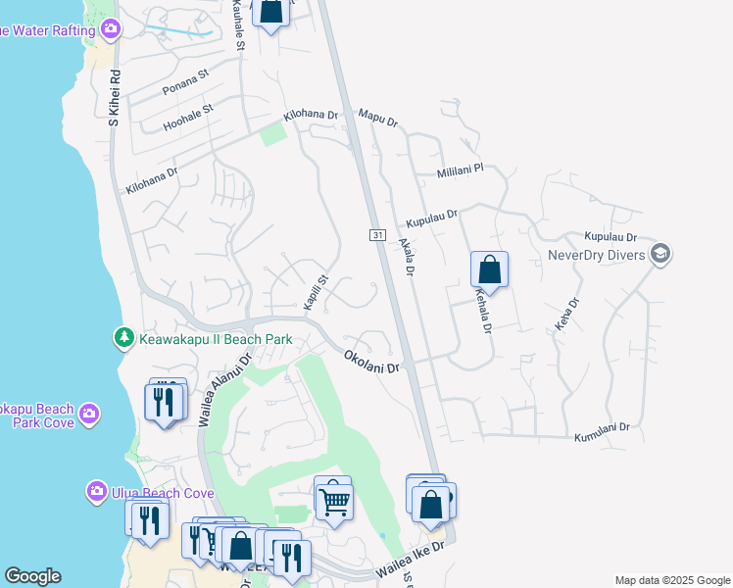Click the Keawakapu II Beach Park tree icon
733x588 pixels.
coord(123,338)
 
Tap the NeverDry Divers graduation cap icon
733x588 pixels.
coord(660,255)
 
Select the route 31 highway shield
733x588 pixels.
coord(377,235)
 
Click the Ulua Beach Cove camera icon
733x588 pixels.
coord(97,490)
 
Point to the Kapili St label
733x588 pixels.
coord(314,294)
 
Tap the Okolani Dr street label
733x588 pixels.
coord(372,362)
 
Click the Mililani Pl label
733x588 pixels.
coord(461,171)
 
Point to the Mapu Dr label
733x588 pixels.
coord(378,118)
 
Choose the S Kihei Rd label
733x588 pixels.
coord(114,98)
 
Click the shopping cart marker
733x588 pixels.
coord(334,501)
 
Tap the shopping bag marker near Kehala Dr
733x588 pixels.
coord(489,269)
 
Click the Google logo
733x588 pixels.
coord(32,576)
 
